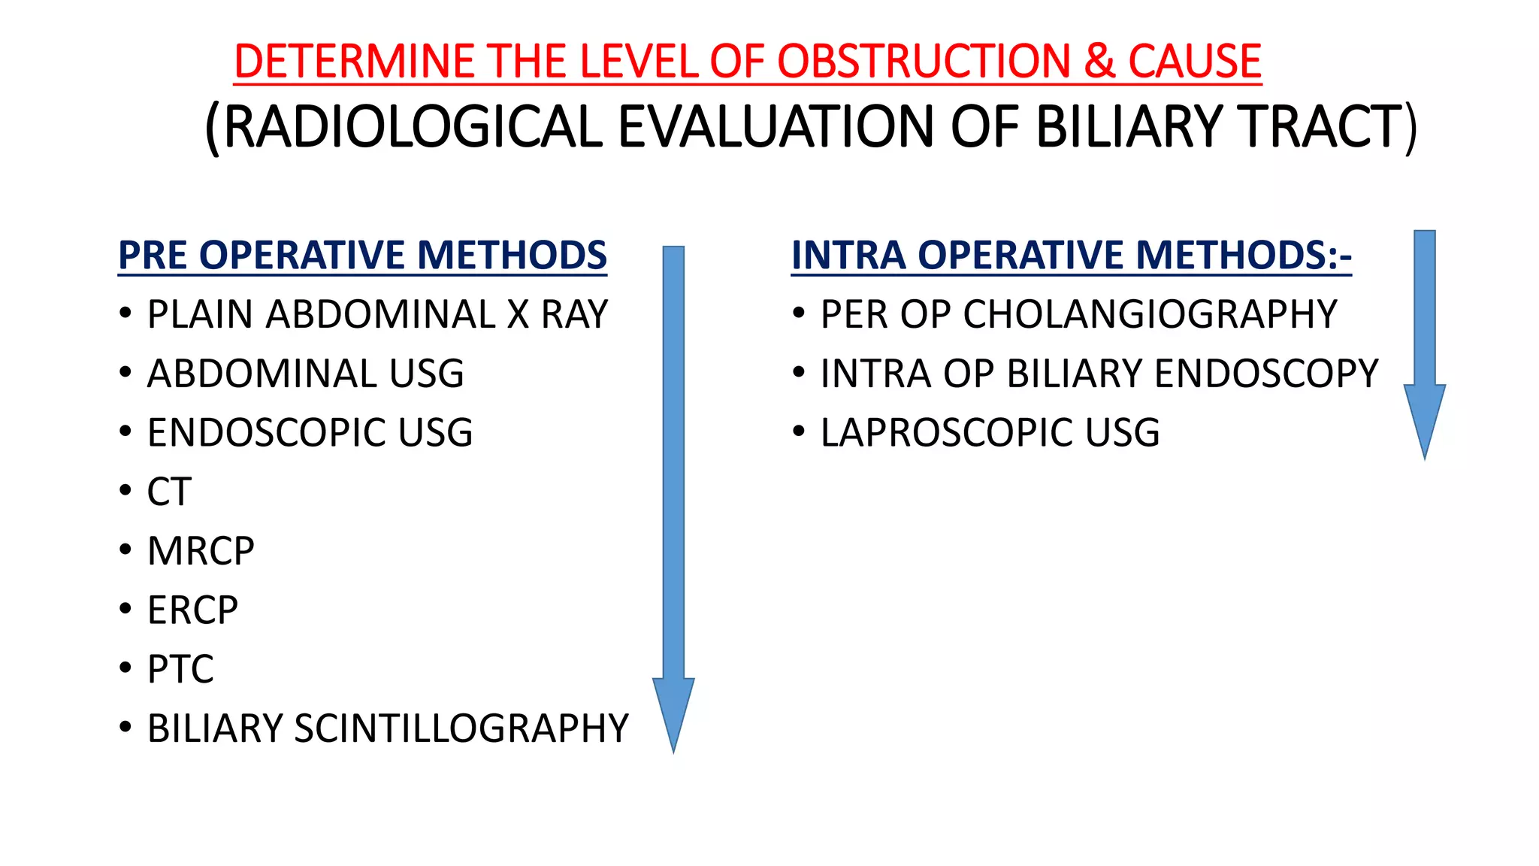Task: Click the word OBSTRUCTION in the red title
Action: (x=923, y=61)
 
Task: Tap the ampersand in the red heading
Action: (x=1099, y=61)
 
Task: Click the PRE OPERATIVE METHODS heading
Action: (x=362, y=255)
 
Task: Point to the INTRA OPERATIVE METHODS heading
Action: (x=1071, y=255)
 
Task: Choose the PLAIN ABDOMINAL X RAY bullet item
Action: (x=376, y=314)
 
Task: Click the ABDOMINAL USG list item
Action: (x=305, y=374)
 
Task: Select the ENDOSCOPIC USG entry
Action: (x=310, y=433)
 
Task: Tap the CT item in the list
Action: (x=169, y=492)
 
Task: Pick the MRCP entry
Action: (x=201, y=551)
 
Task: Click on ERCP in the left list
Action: (x=192, y=610)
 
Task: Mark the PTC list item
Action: (x=180, y=669)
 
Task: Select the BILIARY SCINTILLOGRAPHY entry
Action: (x=387, y=728)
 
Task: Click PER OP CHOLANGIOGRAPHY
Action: (x=1078, y=314)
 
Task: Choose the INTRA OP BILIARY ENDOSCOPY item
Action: (x=1099, y=374)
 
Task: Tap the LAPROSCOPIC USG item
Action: (x=990, y=433)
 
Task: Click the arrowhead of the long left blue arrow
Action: (x=673, y=710)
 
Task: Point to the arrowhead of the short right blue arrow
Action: (x=1424, y=417)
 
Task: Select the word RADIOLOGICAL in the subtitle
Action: (x=413, y=126)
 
